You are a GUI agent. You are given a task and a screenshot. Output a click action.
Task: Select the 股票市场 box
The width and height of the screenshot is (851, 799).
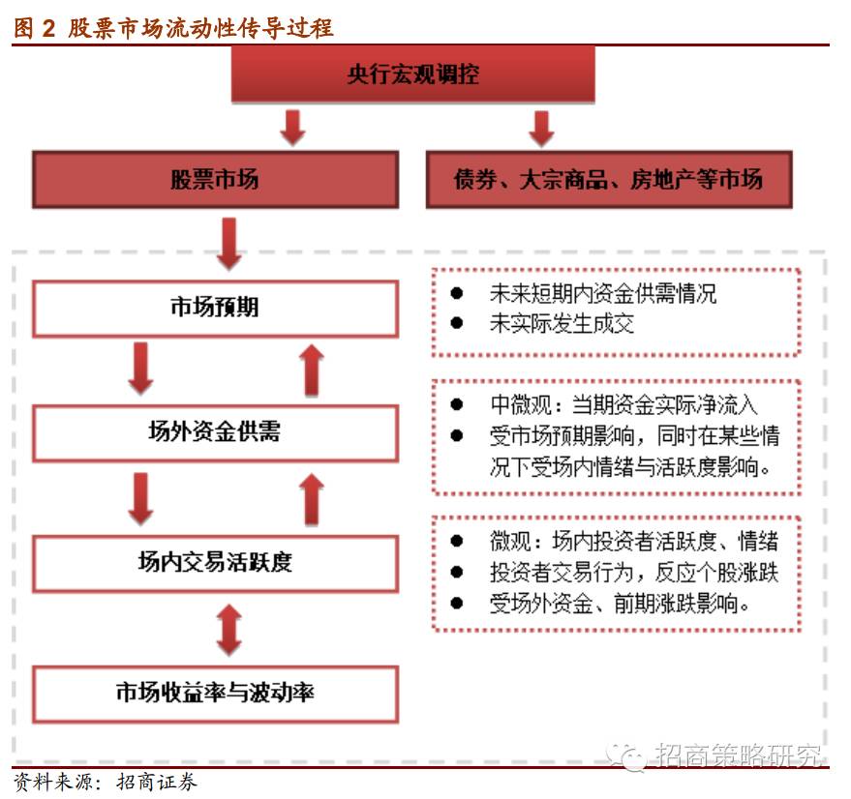click(215, 179)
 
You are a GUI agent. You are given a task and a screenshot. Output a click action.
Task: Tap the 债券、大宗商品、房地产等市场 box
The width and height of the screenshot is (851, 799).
click(608, 179)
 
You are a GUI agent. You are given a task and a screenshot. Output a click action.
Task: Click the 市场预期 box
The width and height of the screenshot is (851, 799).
click(215, 309)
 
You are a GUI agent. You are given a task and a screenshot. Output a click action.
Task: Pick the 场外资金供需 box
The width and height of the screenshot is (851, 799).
click(215, 432)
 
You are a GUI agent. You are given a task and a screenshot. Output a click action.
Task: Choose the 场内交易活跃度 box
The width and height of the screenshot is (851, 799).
click(215, 562)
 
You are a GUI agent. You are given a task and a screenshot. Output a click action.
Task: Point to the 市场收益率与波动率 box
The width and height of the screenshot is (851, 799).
click(215, 693)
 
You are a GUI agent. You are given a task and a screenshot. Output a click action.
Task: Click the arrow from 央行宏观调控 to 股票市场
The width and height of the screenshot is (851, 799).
click(293, 127)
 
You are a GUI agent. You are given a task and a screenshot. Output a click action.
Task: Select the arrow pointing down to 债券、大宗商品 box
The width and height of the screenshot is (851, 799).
click(541, 127)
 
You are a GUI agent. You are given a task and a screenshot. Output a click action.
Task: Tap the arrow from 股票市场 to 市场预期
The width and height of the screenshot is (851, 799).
click(229, 243)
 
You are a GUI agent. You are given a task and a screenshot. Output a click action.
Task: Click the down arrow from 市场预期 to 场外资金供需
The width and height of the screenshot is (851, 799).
click(141, 369)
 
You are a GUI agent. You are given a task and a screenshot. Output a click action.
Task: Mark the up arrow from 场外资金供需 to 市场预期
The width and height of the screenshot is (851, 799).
click(311, 369)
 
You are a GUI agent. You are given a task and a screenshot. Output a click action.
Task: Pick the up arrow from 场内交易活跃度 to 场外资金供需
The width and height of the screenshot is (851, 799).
click(311, 498)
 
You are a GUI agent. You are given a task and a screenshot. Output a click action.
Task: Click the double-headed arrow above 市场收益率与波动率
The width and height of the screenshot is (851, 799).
click(228, 628)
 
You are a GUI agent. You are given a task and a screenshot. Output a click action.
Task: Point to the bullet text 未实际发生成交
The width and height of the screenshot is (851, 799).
click(562, 324)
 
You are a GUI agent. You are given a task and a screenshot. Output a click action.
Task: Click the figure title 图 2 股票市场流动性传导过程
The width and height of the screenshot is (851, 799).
click(174, 27)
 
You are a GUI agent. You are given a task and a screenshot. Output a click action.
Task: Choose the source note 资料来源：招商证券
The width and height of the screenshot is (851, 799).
click(106, 782)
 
